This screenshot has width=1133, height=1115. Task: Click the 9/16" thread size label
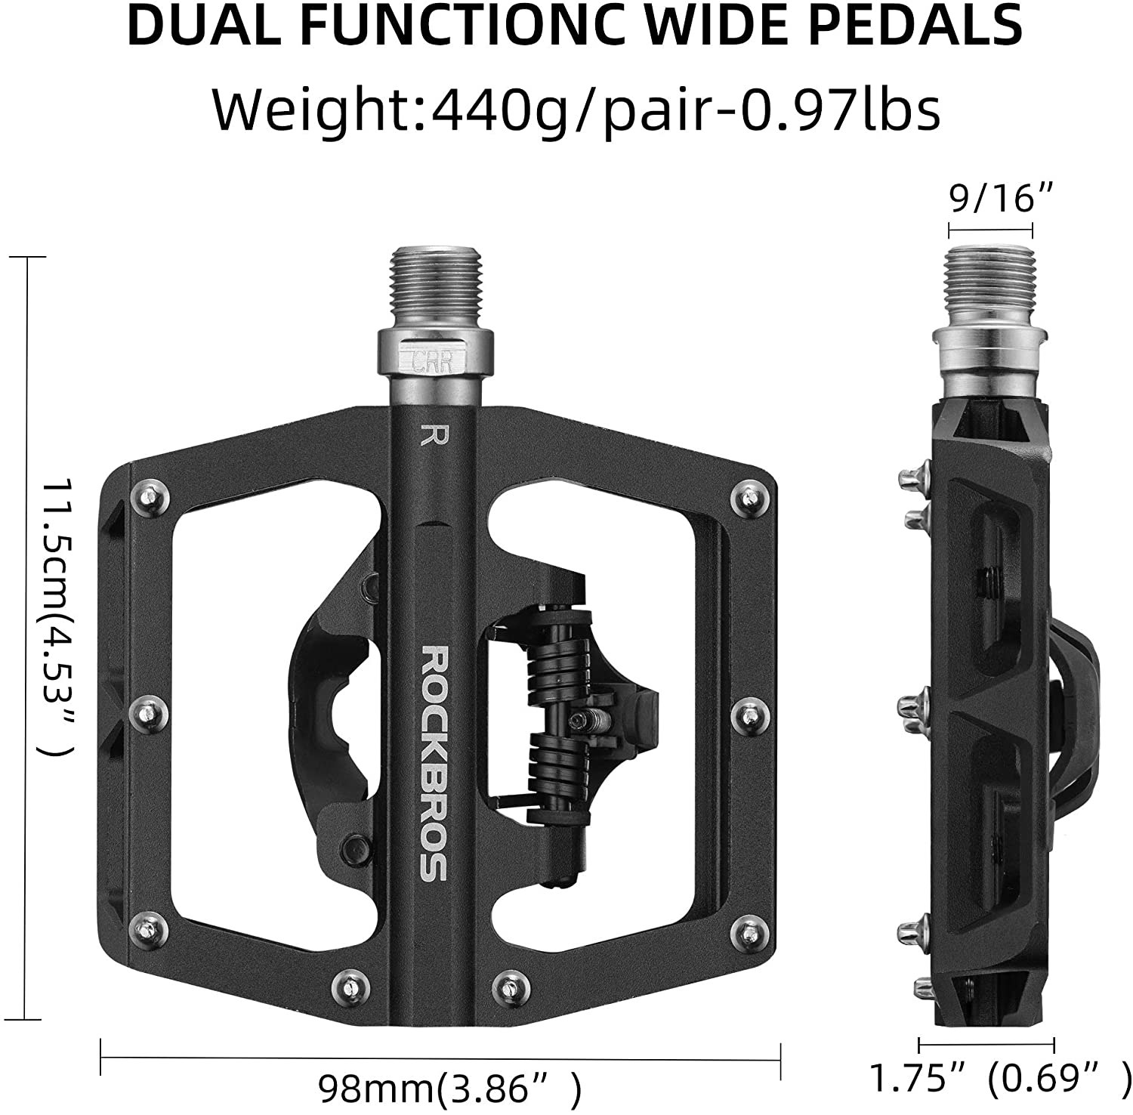pyautogui.click(x=990, y=199)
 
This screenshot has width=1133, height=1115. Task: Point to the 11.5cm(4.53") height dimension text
pyautogui.click(x=57, y=616)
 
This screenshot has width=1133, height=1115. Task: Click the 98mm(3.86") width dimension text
pyautogui.click(x=450, y=1089)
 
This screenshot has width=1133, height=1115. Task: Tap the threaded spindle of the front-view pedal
pyautogui.click(x=433, y=291)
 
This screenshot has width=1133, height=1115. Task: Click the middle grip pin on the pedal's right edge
pyautogui.click(x=749, y=710)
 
